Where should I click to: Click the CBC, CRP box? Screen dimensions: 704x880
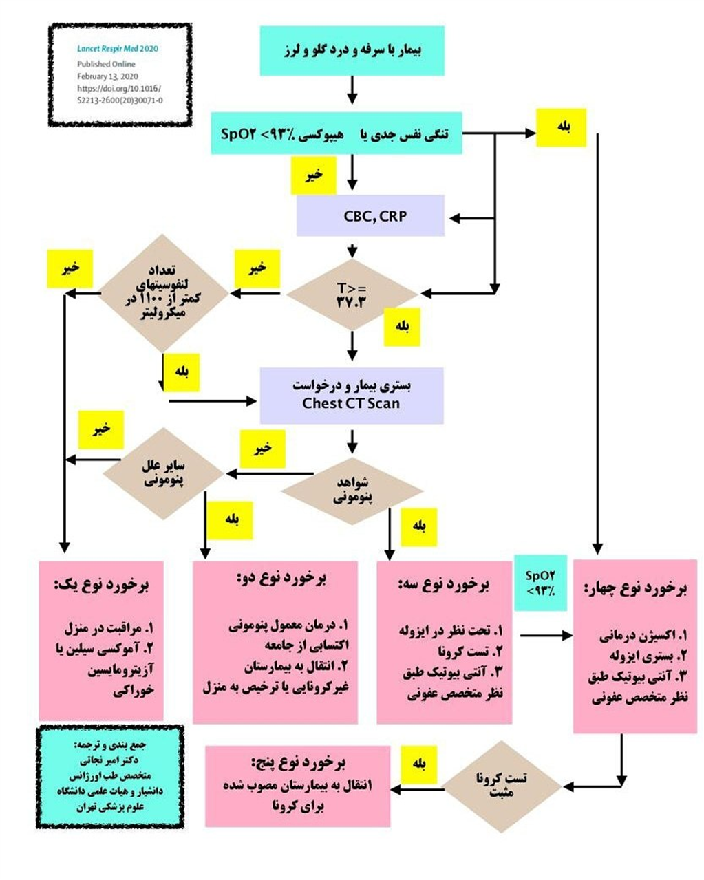pyautogui.click(x=370, y=215)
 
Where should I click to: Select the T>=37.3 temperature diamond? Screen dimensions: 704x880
pyautogui.click(x=352, y=294)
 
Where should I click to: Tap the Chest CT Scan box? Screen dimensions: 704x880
pyautogui.click(x=352, y=396)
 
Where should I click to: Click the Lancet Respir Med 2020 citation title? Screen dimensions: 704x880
pyautogui.click(x=118, y=49)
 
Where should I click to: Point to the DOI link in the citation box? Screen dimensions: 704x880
pyautogui.click(x=120, y=94)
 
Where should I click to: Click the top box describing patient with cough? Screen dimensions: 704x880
pyautogui.click(x=352, y=51)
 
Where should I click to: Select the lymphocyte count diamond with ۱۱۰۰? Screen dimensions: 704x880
pyautogui.click(x=163, y=293)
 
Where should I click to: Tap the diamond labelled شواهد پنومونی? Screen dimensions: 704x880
pyautogui.click(x=352, y=491)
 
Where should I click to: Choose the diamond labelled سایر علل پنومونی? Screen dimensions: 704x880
pyautogui.click(x=164, y=473)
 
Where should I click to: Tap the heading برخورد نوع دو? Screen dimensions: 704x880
pyautogui.click(x=281, y=578)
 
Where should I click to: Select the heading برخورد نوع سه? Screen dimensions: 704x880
pyautogui.click(x=444, y=584)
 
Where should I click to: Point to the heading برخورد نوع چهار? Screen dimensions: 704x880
pyautogui.click(x=635, y=589)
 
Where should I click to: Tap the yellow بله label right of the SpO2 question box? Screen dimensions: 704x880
pyautogui.click(x=562, y=127)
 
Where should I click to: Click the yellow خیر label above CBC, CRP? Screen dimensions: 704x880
pyautogui.click(x=314, y=175)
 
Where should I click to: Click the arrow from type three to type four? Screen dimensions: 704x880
pyautogui.click(x=546, y=636)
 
